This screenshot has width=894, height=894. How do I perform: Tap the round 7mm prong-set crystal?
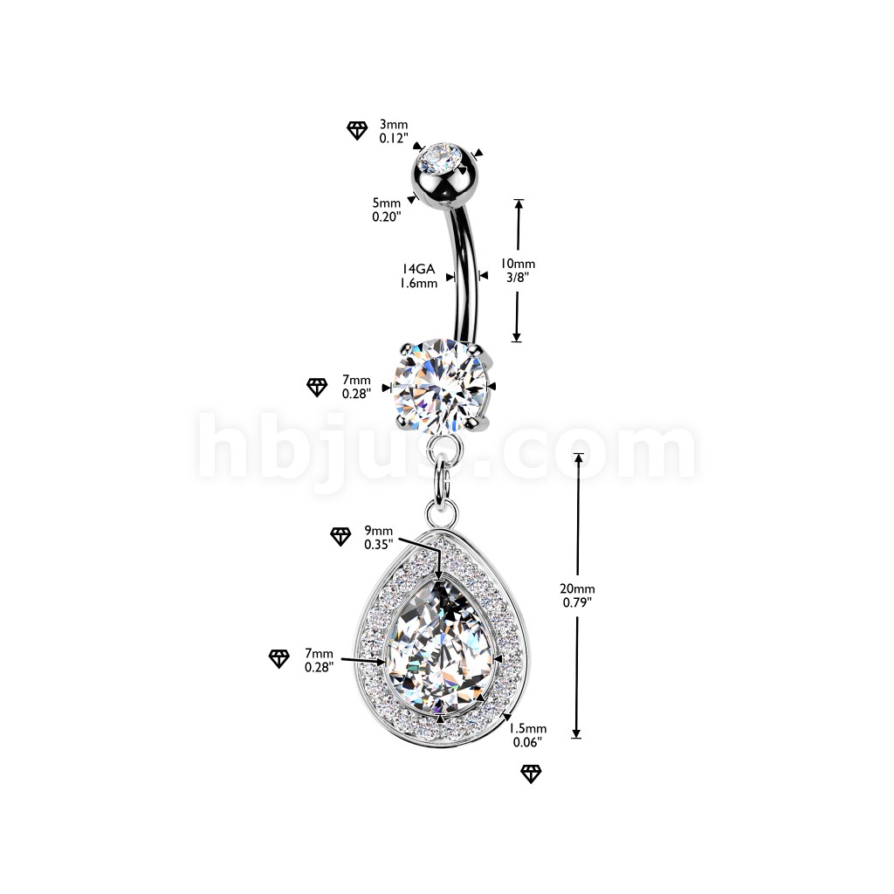click(x=440, y=385)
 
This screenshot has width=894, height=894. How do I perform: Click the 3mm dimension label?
click(x=394, y=131)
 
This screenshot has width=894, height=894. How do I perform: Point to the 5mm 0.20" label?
click(x=387, y=210)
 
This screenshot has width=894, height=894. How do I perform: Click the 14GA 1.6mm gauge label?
click(x=418, y=276)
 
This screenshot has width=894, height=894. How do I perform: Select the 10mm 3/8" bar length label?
click(x=518, y=271)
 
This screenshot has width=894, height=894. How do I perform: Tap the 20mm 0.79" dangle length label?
click(x=578, y=595)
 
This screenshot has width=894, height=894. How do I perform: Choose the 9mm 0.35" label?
click(x=379, y=537)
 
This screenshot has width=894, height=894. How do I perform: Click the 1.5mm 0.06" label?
click(x=527, y=735)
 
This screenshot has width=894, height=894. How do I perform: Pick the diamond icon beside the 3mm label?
click(x=357, y=131)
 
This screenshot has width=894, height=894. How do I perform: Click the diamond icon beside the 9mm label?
click(x=341, y=537)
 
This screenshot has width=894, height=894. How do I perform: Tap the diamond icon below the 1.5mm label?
click(x=531, y=774)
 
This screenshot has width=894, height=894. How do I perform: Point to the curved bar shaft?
click(x=464, y=273)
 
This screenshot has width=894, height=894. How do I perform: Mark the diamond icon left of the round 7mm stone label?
click(x=317, y=387)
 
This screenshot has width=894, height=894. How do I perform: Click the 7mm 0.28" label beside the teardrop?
click(x=319, y=660)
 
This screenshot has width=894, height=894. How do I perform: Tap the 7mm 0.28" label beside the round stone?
click(x=356, y=387)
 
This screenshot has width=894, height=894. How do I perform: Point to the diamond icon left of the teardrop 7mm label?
click(x=279, y=658)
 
